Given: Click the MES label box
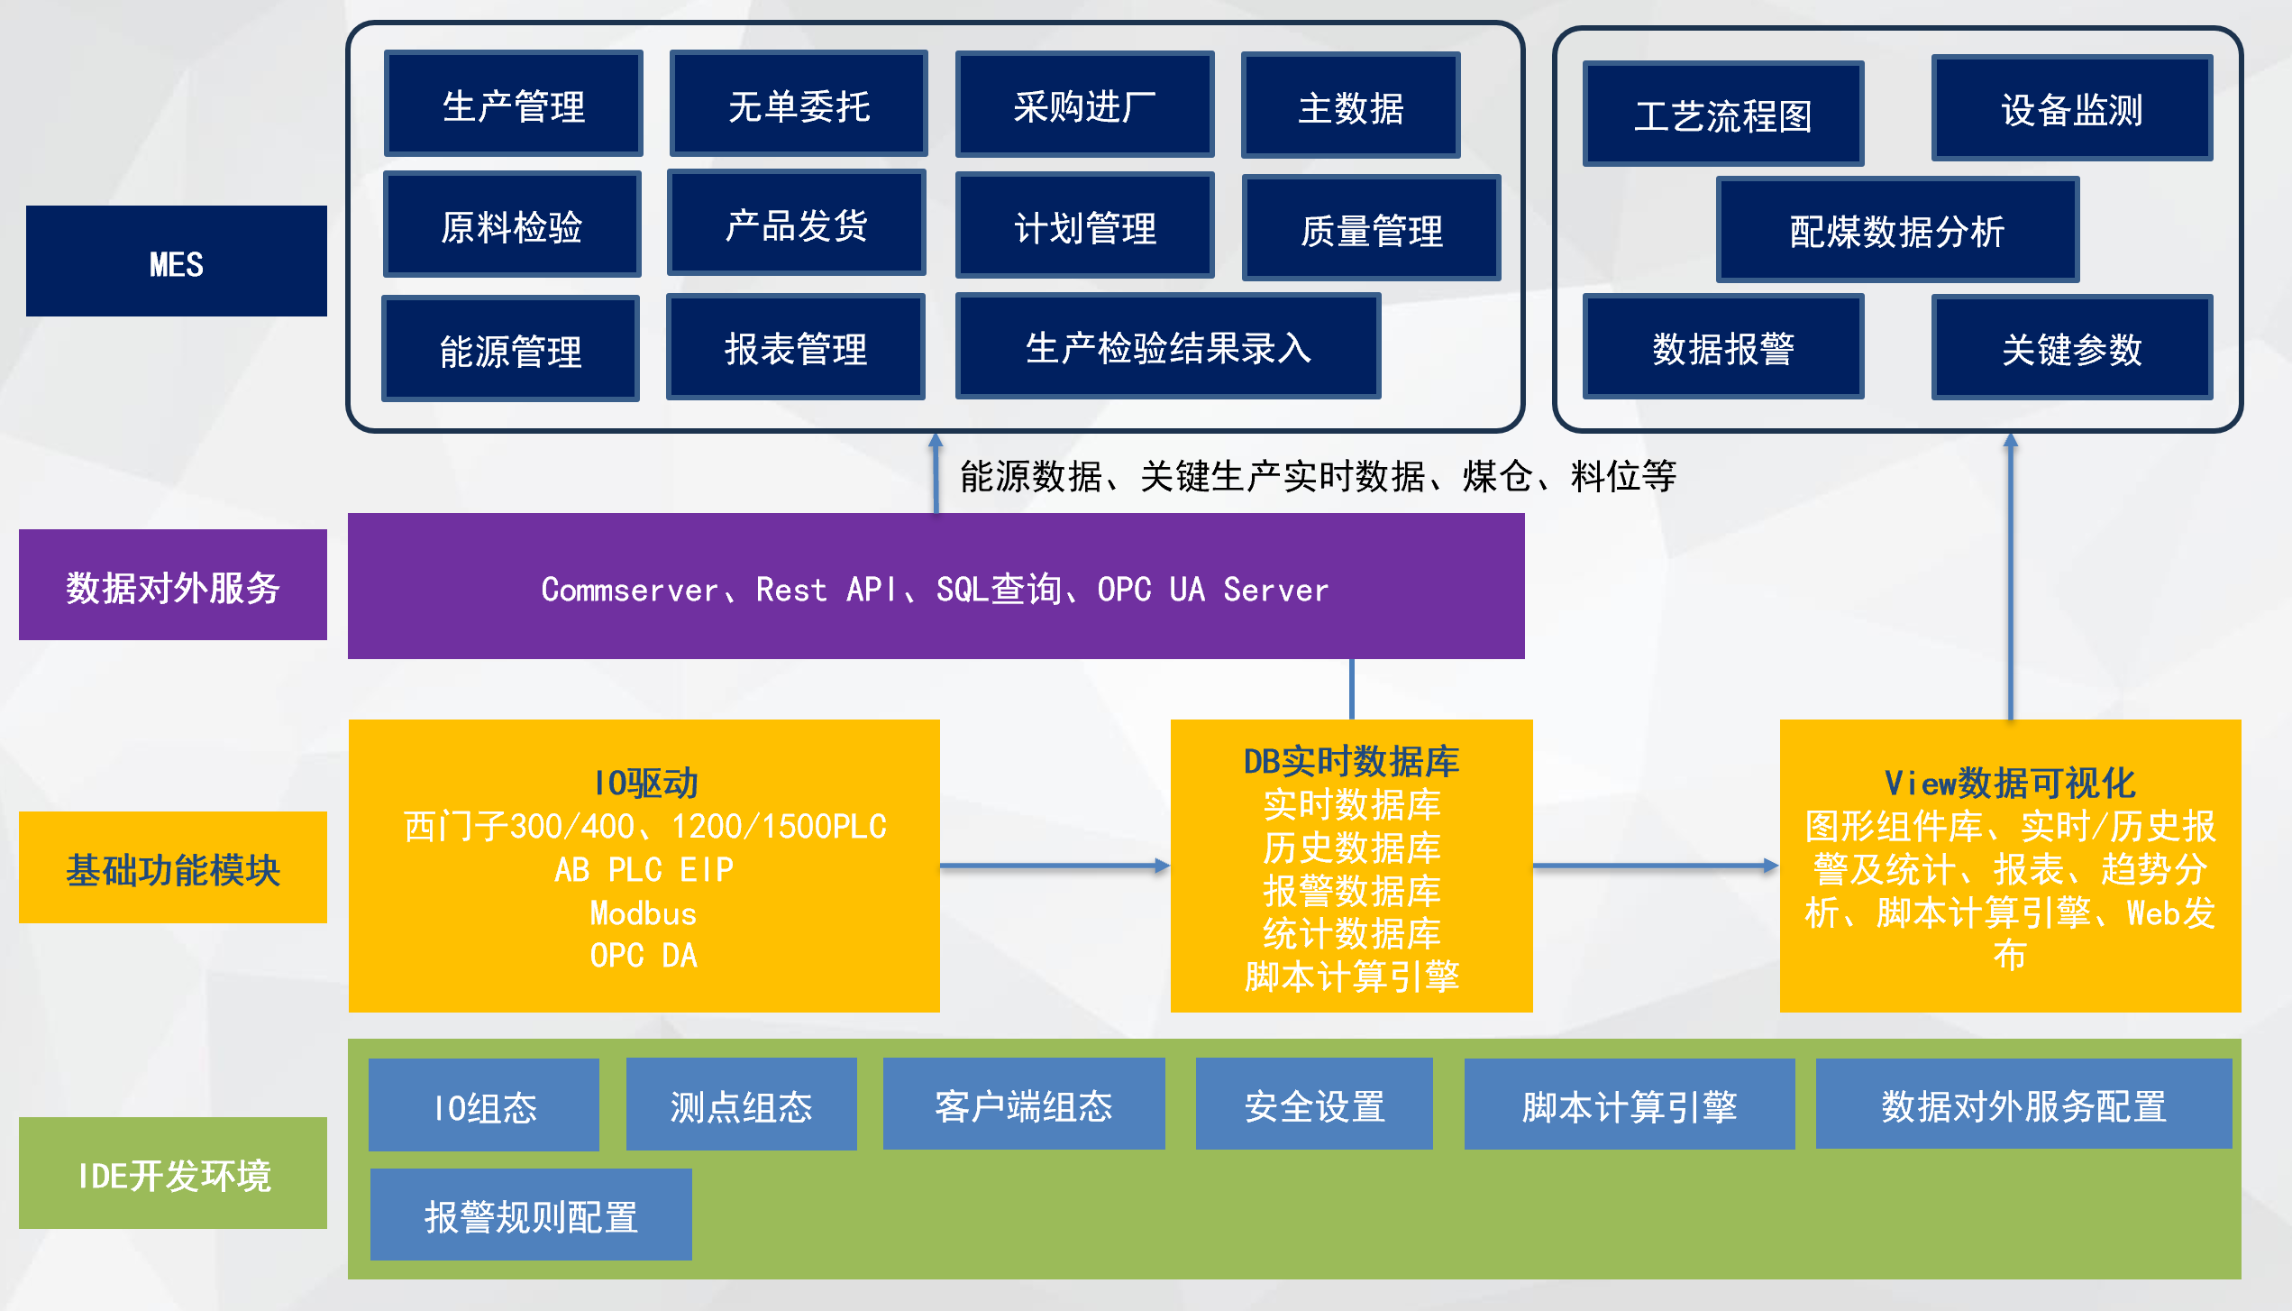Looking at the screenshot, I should point(176,261).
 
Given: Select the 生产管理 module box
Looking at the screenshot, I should point(513,105).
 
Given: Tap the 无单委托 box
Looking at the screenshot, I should point(799,105).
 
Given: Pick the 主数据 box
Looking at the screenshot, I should point(1350,106).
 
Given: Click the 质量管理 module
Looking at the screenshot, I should point(1371,229).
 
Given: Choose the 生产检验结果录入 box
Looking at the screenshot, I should point(1167,347).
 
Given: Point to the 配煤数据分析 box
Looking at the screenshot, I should point(1897,231).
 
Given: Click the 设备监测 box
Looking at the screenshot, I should point(2071,109).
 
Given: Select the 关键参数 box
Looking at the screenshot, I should point(2071,348).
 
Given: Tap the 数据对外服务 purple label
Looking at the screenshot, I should point(172,585).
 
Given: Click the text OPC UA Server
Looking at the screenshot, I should point(1212,590).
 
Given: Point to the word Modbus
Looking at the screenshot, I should point(644,913).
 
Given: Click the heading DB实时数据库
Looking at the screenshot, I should point(1351,762).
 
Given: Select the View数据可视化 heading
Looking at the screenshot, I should point(2010,783).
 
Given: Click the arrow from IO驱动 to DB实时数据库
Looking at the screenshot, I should point(1055,866).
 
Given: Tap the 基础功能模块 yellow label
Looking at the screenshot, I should point(172,867).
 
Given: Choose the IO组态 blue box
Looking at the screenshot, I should point(484,1105).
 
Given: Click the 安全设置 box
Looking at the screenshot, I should point(1314,1105).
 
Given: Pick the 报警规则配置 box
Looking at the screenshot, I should point(531,1215).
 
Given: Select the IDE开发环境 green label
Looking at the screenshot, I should point(172,1173).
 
